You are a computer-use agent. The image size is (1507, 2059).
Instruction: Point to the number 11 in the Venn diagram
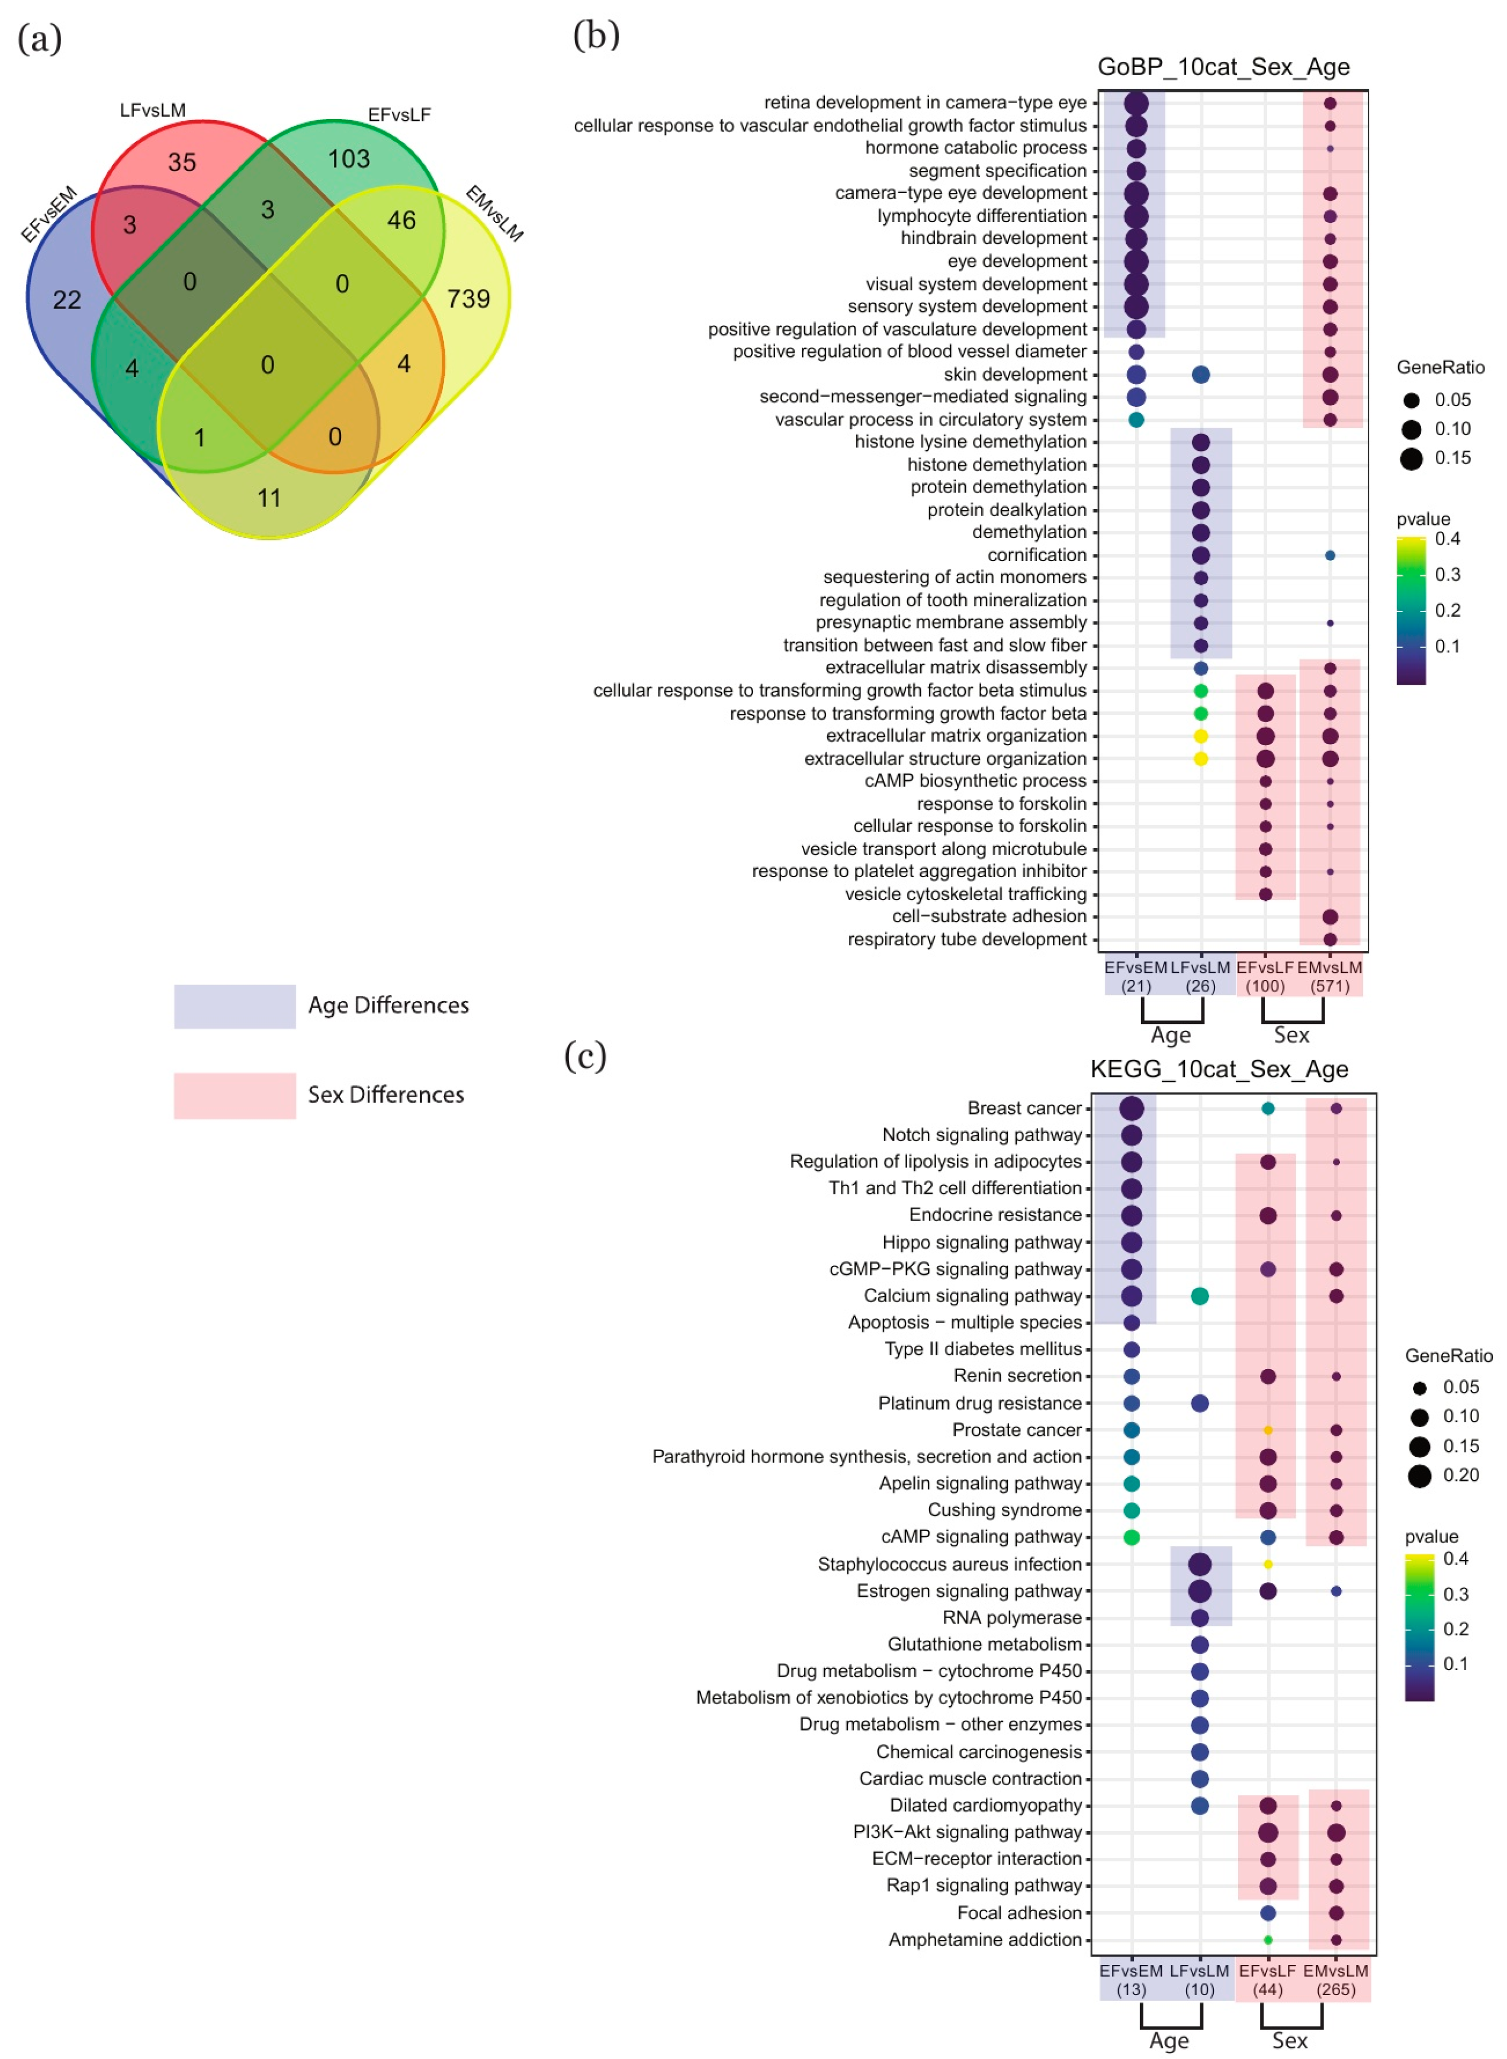coord(268,497)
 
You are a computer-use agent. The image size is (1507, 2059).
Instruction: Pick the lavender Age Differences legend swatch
coord(234,1006)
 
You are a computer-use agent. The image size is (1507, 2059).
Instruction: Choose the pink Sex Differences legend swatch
coord(234,1094)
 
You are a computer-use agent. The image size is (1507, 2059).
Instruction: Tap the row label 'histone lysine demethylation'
coord(970,442)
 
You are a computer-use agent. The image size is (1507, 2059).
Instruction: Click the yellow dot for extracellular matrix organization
coord(1200,736)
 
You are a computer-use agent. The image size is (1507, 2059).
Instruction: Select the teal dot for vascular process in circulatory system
coord(1136,420)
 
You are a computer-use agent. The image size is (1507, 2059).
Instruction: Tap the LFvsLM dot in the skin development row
coord(1200,374)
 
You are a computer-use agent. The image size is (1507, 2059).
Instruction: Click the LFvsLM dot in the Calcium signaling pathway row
coord(1200,1295)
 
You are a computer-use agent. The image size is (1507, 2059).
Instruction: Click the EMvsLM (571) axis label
coord(1329,976)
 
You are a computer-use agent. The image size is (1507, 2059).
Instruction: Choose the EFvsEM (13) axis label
coord(1131,1980)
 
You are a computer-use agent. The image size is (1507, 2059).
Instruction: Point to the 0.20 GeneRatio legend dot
coord(1419,1475)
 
